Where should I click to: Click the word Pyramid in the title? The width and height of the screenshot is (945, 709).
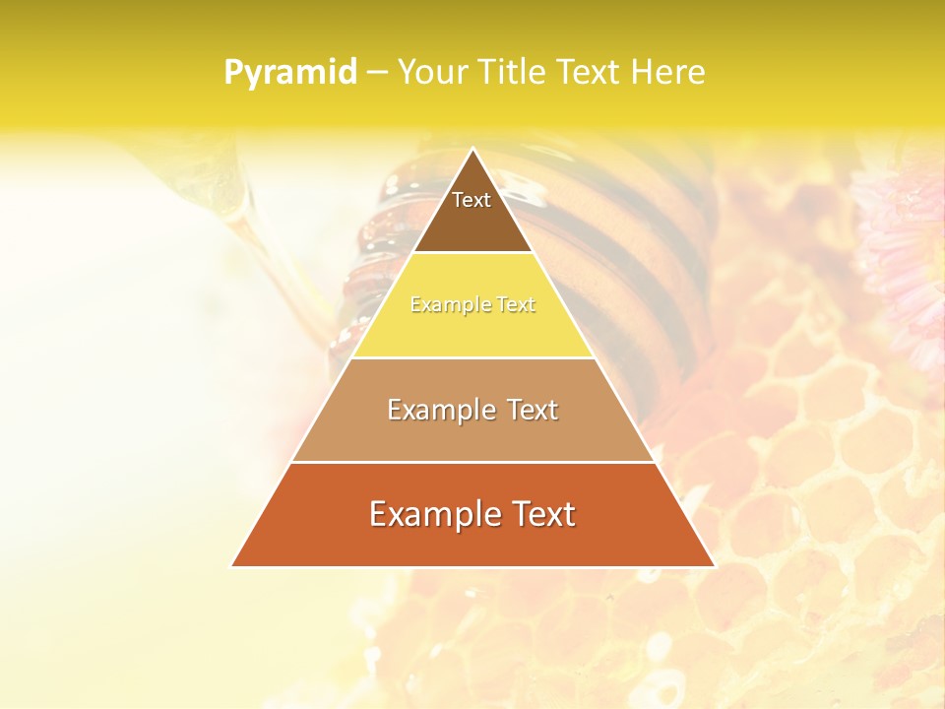[x=290, y=73]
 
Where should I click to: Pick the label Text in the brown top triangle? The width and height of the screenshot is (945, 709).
[x=472, y=200]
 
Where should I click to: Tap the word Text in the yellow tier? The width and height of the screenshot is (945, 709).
[x=516, y=305]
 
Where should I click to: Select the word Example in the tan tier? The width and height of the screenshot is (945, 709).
[x=439, y=410]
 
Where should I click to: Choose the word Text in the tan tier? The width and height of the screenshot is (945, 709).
[x=533, y=410]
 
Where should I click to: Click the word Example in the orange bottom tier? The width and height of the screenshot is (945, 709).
[x=430, y=514]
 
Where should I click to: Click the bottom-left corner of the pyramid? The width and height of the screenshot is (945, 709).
[x=233, y=565]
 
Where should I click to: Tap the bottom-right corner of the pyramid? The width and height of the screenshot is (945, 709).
[x=714, y=565]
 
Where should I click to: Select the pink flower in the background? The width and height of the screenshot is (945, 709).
[x=901, y=246]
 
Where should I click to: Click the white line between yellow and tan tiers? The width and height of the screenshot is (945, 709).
[x=473, y=357]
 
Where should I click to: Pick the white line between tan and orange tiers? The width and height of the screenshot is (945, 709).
[x=473, y=462]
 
